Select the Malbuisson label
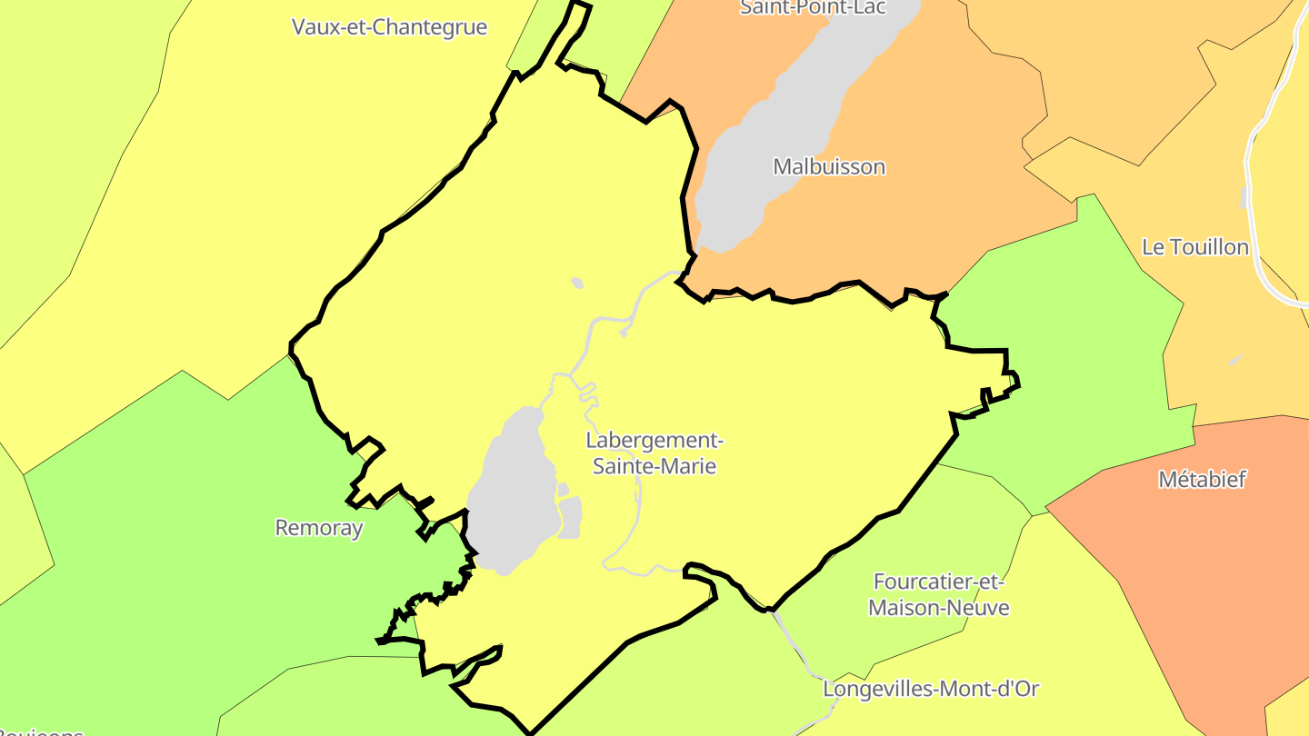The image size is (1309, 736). [x=829, y=167]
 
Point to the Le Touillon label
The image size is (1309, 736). [x=1194, y=247]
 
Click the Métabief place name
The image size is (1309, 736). [x=1202, y=480]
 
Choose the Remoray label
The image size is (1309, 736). [x=318, y=528]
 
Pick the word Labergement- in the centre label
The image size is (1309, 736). [x=654, y=441]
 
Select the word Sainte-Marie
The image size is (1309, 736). [x=654, y=467]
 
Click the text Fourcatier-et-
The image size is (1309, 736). [x=938, y=582]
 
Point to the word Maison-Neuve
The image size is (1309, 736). [x=938, y=608]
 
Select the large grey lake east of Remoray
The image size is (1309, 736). [x=514, y=491]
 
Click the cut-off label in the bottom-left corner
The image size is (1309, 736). [x=41, y=731]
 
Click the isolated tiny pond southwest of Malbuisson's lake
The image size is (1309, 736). [x=577, y=283]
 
